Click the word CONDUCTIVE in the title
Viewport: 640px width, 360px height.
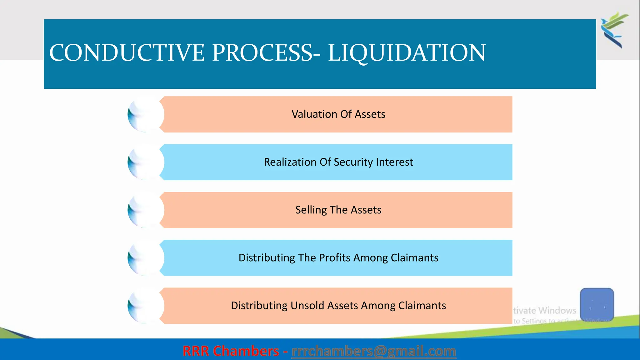pyautogui.click(x=127, y=52)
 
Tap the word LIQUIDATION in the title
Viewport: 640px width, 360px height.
pyautogui.click(x=407, y=52)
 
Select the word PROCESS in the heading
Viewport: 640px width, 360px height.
pyautogui.click(x=262, y=52)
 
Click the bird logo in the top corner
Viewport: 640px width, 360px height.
pyautogui.click(x=614, y=30)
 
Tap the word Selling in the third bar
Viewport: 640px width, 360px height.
pyautogui.click(x=311, y=210)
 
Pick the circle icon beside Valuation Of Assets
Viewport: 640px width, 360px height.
pyautogui.click(x=146, y=114)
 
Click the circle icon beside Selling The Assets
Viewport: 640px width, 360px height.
pyautogui.click(x=146, y=210)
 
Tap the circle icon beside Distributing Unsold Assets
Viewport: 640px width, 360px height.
pyautogui.click(x=146, y=306)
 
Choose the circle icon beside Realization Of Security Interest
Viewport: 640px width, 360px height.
pyautogui.click(x=146, y=162)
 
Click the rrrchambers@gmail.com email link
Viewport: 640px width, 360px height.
pyautogui.click(x=373, y=351)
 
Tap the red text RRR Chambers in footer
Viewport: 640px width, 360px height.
pyautogui.click(x=231, y=351)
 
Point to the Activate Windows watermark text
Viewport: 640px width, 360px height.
pyautogui.click(x=545, y=310)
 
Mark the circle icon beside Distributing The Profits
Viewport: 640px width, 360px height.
pyautogui.click(x=146, y=258)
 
